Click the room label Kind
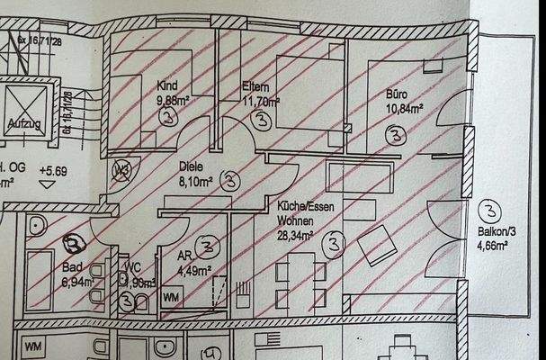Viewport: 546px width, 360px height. coord(167,87)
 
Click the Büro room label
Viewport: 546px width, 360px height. coord(397,94)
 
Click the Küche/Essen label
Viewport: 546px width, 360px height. coord(302,206)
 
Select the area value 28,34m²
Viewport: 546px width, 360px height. coord(295,236)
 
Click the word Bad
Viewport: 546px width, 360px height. coord(72,267)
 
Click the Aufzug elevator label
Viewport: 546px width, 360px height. coord(24,122)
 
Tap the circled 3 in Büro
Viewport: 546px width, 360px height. coord(394,135)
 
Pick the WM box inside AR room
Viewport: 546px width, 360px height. coord(170,295)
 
